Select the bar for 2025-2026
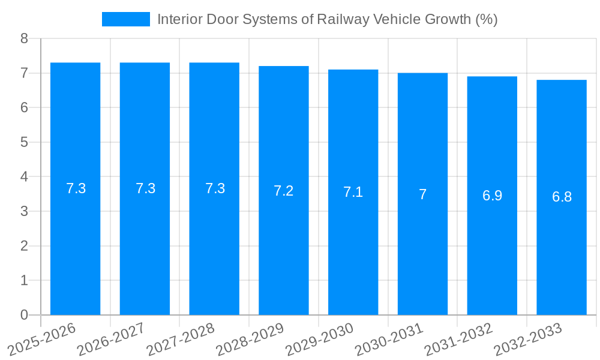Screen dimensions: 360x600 click(75, 188)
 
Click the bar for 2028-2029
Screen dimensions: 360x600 click(284, 190)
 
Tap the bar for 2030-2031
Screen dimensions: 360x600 click(422, 194)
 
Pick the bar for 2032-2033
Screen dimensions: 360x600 click(562, 197)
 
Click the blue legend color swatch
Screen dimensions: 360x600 click(126, 19)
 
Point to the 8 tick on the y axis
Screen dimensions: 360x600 click(24, 38)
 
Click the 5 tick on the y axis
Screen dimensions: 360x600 click(24, 142)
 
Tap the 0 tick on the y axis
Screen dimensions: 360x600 click(24, 315)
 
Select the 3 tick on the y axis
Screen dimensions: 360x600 click(24, 211)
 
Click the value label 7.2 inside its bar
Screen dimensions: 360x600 click(284, 191)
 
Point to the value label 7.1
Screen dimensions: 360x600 click(353, 193)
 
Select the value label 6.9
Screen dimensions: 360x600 click(492, 196)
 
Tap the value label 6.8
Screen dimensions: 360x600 click(562, 197)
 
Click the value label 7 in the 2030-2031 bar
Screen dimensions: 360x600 click(422, 194)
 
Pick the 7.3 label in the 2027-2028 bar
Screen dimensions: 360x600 click(215, 188)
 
